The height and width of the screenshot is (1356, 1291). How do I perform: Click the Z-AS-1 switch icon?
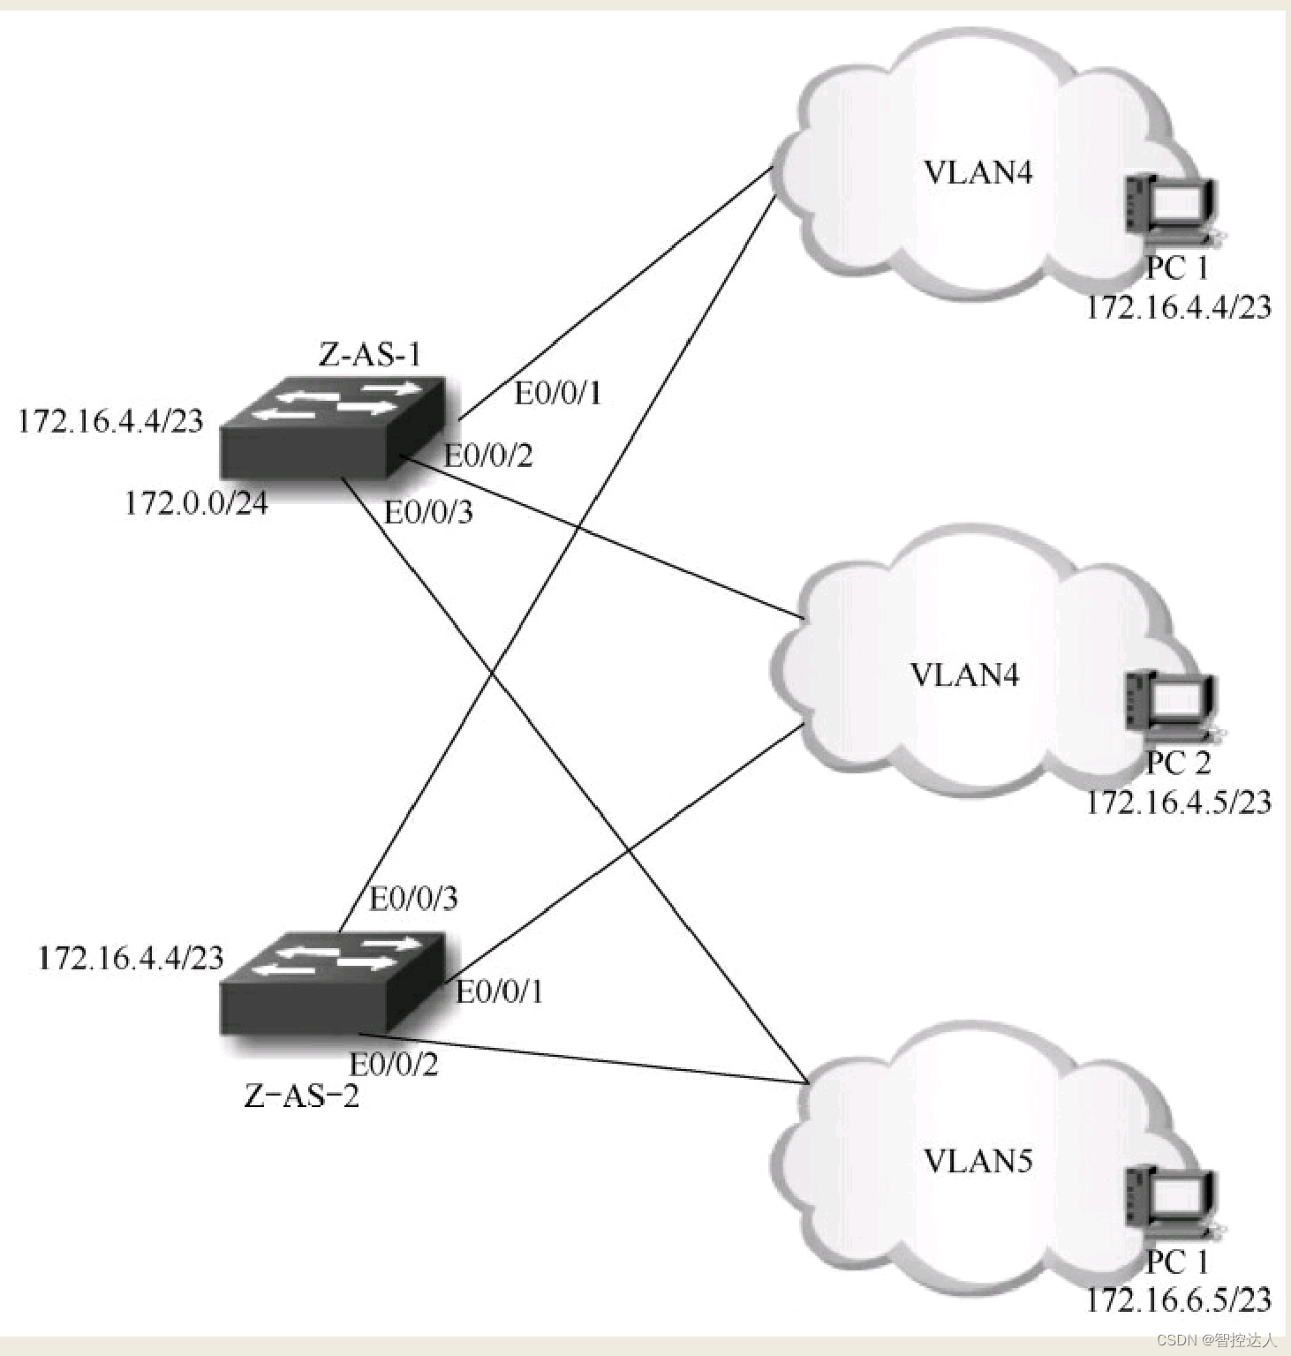332,427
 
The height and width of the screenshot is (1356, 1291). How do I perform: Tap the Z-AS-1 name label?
369,355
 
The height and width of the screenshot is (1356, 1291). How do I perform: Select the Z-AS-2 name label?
302,1096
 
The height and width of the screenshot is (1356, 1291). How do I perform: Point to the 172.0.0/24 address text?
196,503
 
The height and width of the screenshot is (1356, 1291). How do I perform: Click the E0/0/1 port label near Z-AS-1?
558,394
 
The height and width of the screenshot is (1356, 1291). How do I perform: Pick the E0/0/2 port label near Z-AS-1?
488,456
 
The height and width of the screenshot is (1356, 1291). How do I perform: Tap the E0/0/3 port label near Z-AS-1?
428,512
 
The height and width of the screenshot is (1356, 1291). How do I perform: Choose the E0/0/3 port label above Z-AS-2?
413,899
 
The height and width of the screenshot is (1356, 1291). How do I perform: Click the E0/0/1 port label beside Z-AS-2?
499,992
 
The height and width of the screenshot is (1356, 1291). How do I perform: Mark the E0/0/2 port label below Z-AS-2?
394,1065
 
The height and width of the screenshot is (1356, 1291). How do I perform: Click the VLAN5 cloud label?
978,1161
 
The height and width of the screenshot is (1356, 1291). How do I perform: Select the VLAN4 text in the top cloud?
978,172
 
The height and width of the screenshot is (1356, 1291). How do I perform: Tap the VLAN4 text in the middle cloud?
964,675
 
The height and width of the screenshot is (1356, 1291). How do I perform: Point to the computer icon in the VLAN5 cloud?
1171,1201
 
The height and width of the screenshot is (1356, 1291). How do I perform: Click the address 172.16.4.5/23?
1178,802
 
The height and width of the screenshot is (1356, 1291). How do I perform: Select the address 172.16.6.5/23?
1178,1299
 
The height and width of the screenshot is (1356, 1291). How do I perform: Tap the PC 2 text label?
1178,763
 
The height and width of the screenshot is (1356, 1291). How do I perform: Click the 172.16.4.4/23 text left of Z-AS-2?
131,959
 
